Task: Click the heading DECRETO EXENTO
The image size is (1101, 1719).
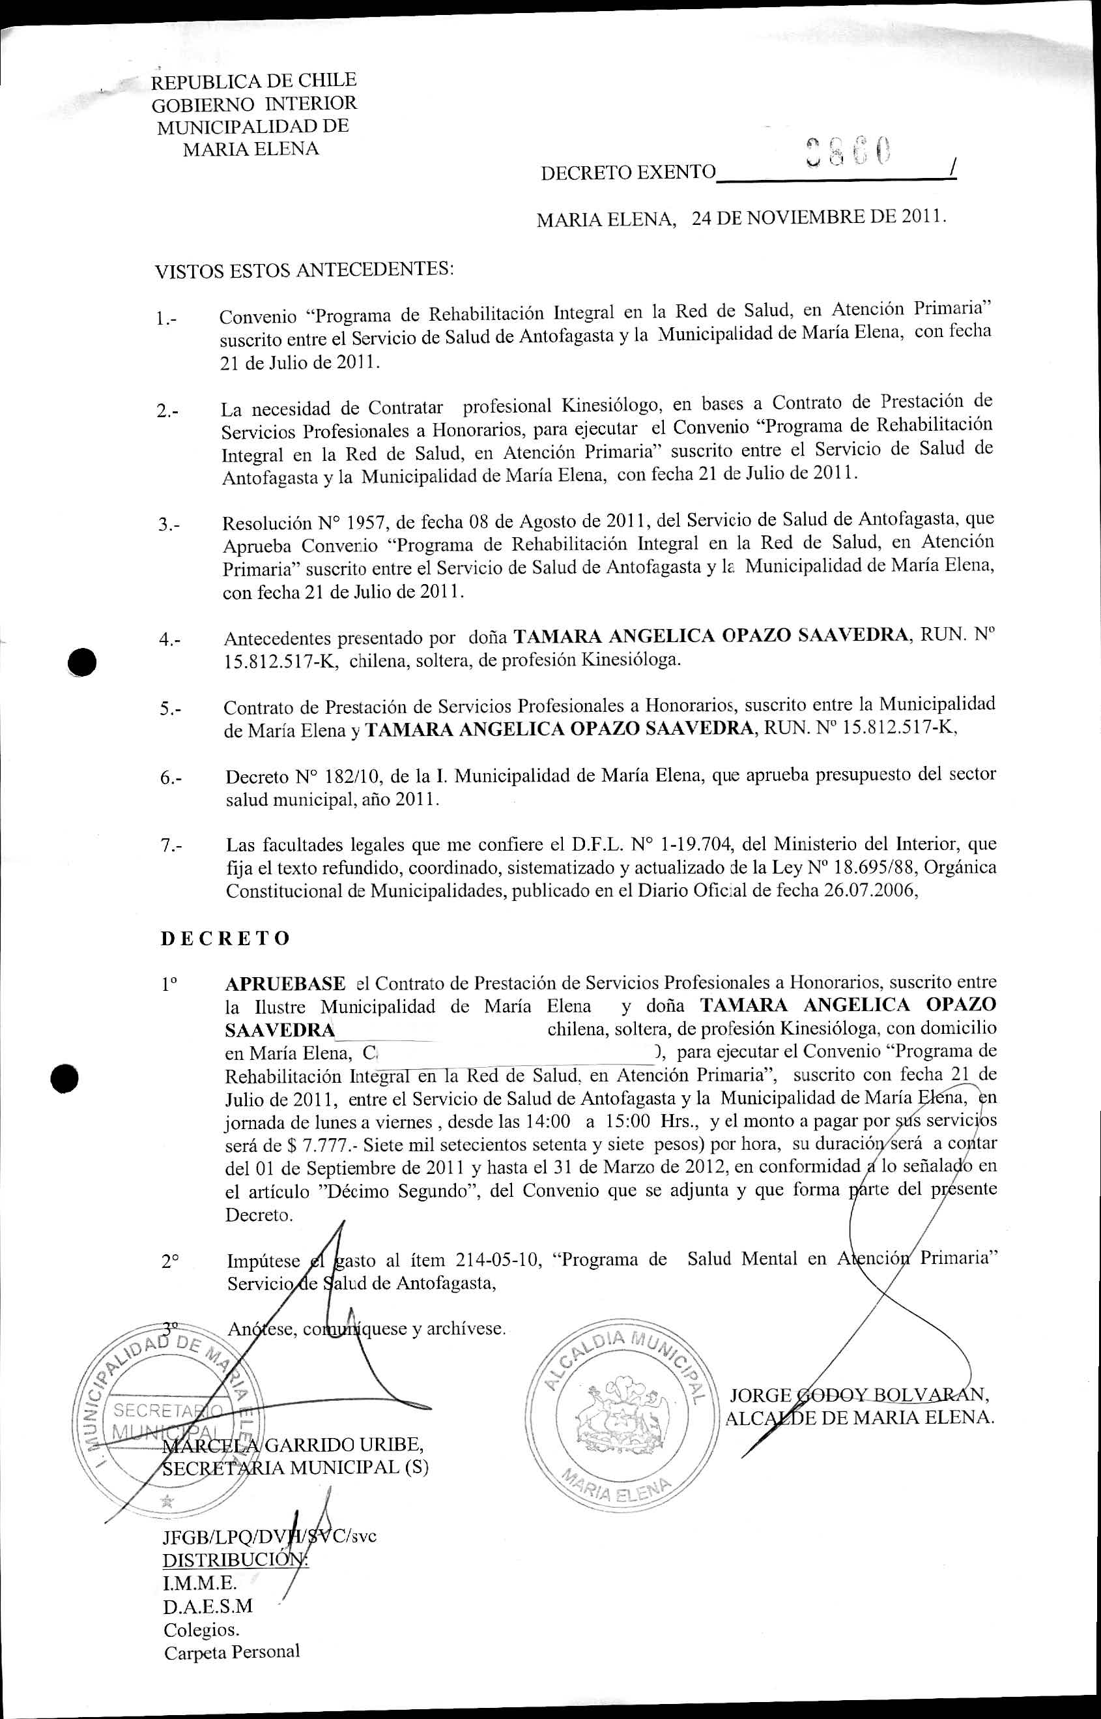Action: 628,172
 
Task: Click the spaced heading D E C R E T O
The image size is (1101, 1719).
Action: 225,938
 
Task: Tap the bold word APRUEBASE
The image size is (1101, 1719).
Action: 285,983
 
